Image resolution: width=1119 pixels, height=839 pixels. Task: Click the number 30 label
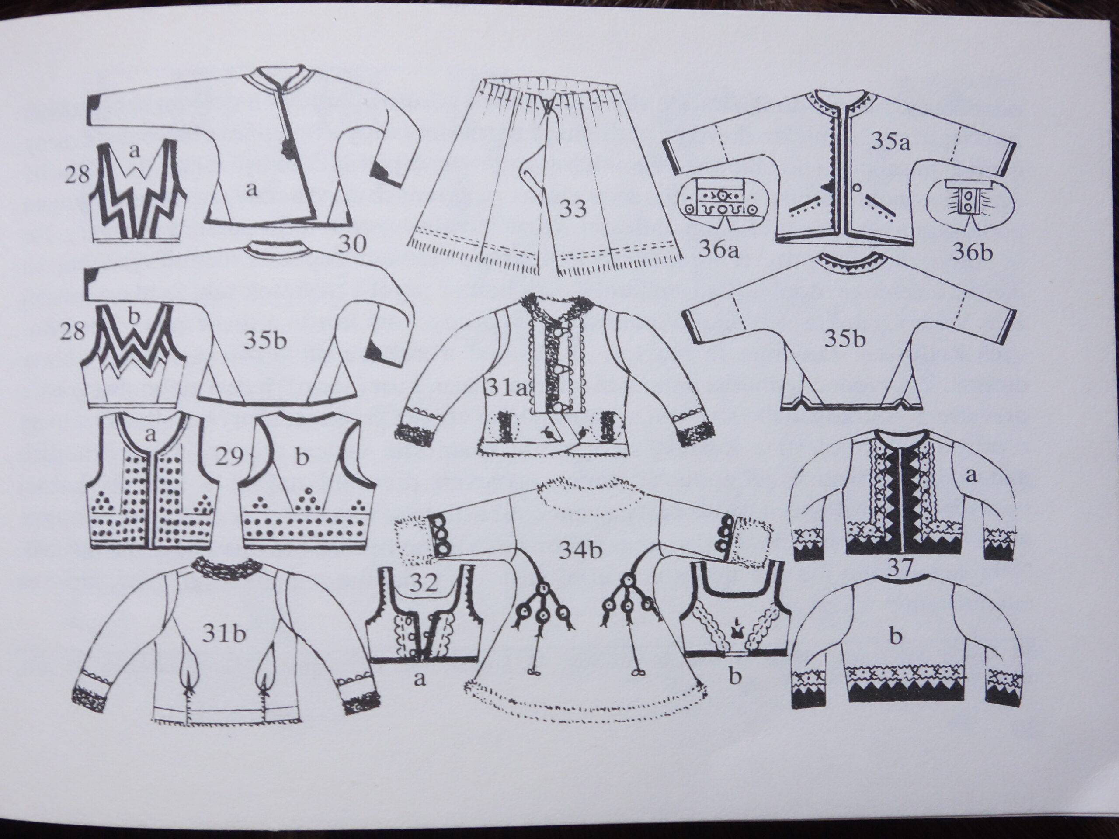(x=351, y=245)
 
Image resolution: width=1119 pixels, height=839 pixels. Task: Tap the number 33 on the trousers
(x=573, y=208)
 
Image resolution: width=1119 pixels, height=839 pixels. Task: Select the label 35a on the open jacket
(x=890, y=142)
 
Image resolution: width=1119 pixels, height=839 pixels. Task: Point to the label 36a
(x=718, y=250)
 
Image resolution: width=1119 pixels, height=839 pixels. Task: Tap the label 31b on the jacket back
(x=224, y=634)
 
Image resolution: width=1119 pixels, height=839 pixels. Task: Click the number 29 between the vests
(x=229, y=457)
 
